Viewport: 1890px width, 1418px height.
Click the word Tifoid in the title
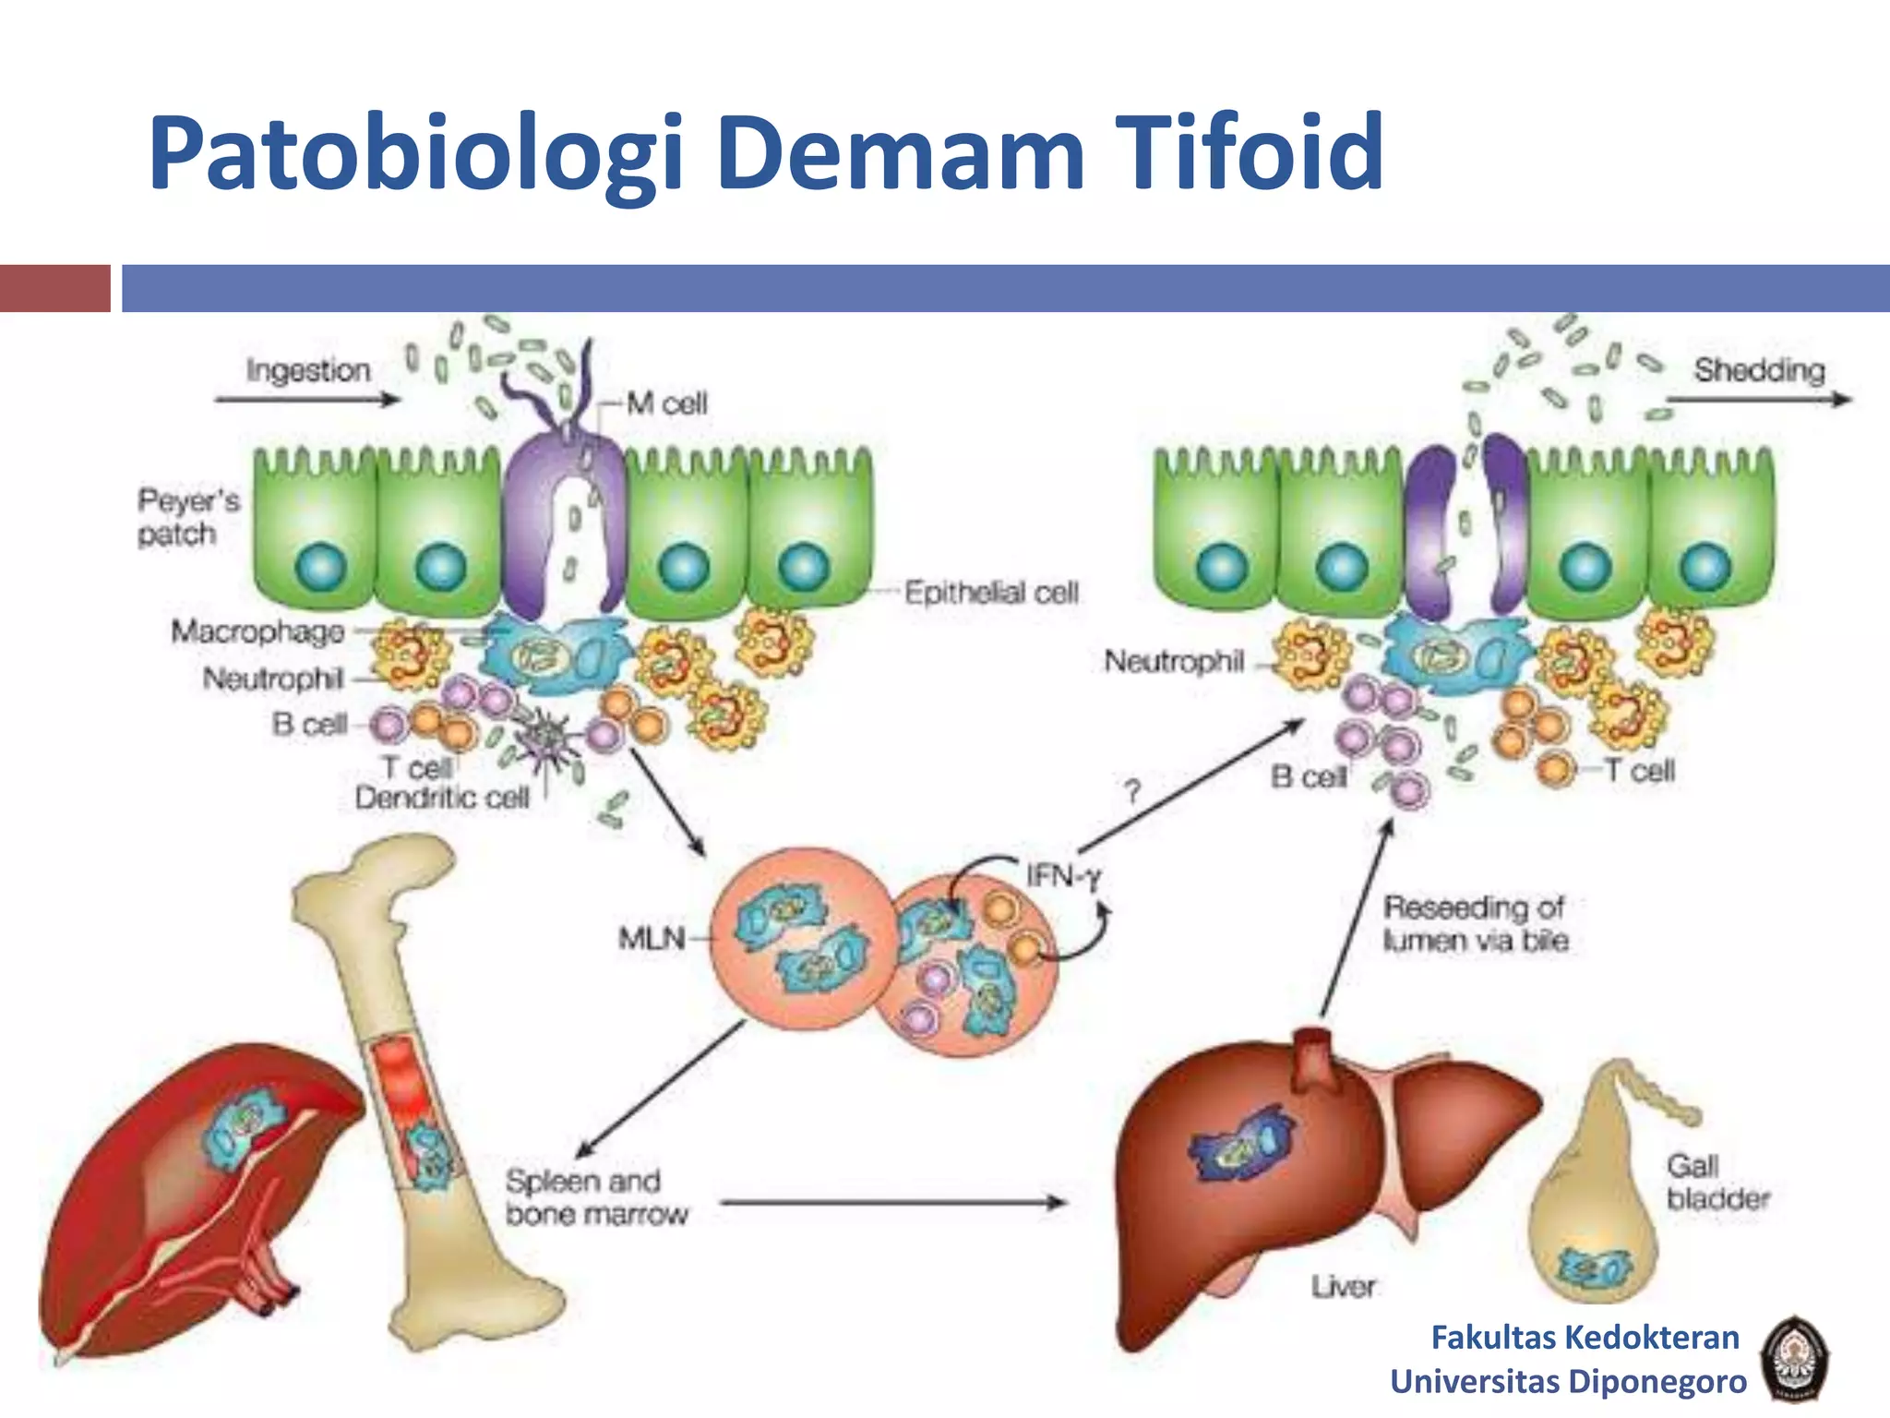[x=1250, y=152]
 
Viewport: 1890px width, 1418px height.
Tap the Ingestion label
[x=308, y=370]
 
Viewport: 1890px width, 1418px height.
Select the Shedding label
[x=1759, y=370]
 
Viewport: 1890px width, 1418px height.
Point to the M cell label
[x=666, y=403]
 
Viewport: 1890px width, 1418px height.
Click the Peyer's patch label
[x=187, y=517]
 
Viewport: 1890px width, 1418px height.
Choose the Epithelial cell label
[x=991, y=593]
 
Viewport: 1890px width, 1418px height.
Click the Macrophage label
[x=258, y=631]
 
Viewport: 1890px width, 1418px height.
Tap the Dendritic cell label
[x=442, y=798]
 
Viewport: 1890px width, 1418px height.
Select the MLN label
[x=652, y=939]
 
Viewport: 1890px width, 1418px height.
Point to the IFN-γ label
[x=1063, y=874]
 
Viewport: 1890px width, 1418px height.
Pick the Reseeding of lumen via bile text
[x=1475, y=923]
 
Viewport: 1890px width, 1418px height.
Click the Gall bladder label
[x=1717, y=1183]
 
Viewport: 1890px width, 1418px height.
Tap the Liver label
[x=1343, y=1286]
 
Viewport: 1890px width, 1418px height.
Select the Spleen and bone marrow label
[x=596, y=1197]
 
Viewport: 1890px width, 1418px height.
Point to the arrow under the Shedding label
[x=1759, y=400]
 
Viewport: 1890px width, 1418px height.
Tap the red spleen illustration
[x=185, y=1200]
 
